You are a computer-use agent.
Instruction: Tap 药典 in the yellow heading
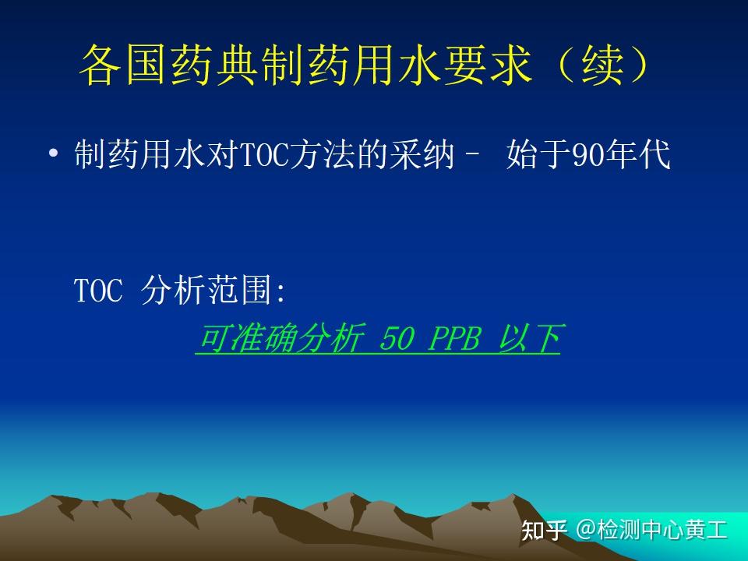(215, 65)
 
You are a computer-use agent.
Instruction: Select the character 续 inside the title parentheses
(602, 65)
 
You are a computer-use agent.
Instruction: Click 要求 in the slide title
(488, 65)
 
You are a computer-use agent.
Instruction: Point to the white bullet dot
(54, 153)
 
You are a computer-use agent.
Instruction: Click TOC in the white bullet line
(265, 153)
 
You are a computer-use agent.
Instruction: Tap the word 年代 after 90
(637, 153)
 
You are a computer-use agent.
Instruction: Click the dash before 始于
(471, 154)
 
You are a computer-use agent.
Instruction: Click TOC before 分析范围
(99, 290)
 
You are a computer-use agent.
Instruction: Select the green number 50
(396, 338)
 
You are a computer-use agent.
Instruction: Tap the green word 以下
(529, 338)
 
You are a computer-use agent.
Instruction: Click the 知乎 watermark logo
(545, 530)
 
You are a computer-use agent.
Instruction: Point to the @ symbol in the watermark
(585, 530)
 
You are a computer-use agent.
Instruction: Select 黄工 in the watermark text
(706, 530)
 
